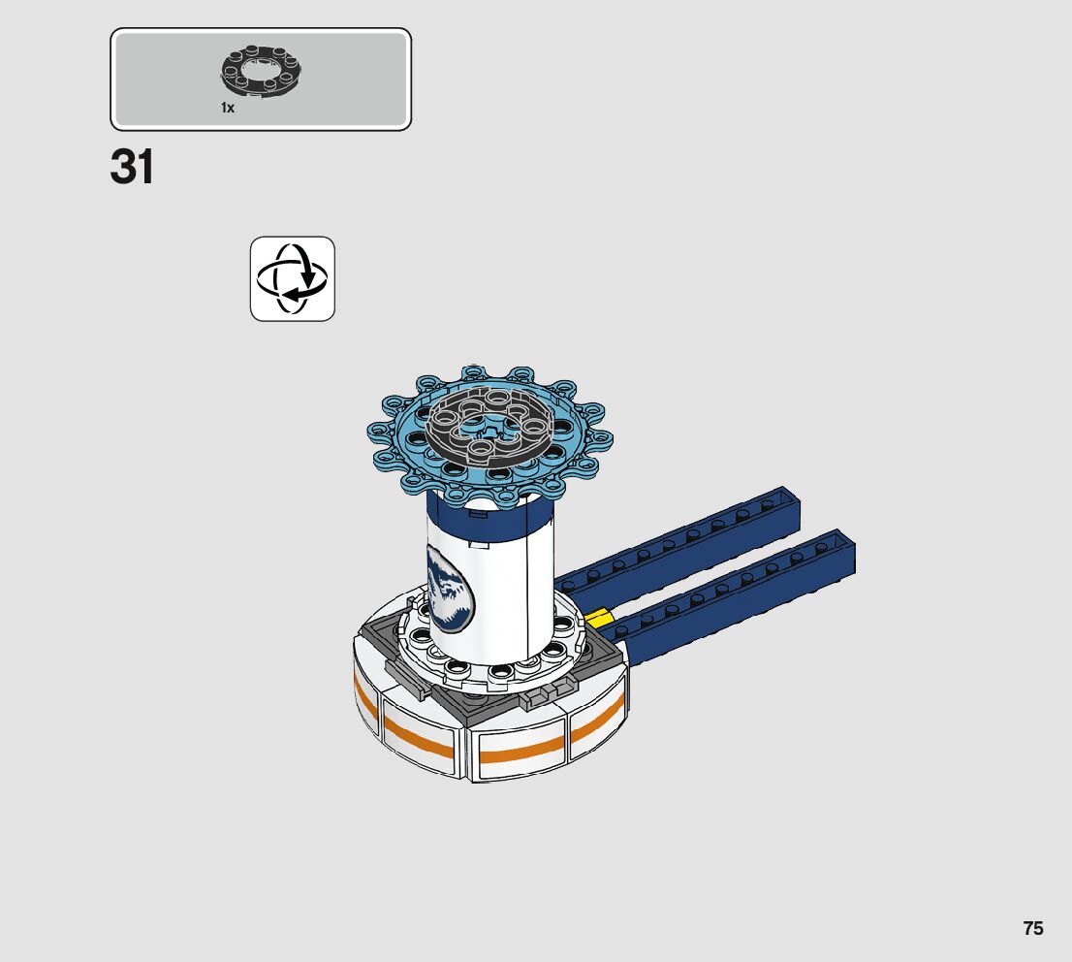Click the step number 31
[132, 167]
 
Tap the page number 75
[1033, 928]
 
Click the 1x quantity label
[228, 108]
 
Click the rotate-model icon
[293, 279]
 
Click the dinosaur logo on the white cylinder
[449, 587]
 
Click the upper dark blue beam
[677, 540]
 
